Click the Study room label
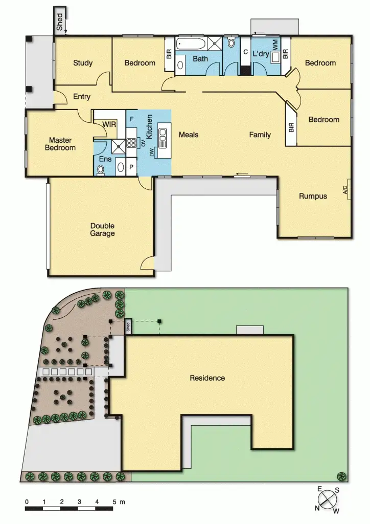coord(83,63)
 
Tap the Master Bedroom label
coord(62,144)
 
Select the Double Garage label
coord(102,230)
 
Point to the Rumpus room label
coord(313,195)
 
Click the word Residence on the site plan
coord(207,378)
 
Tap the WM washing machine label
coord(275,44)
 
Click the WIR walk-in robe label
coord(109,124)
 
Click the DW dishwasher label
coord(152,152)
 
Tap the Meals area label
coord(189,135)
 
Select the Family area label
coord(260,135)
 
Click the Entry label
coord(82,96)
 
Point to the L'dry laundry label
coord(261,53)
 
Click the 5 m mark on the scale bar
coord(113,502)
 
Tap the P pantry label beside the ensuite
coord(131,167)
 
